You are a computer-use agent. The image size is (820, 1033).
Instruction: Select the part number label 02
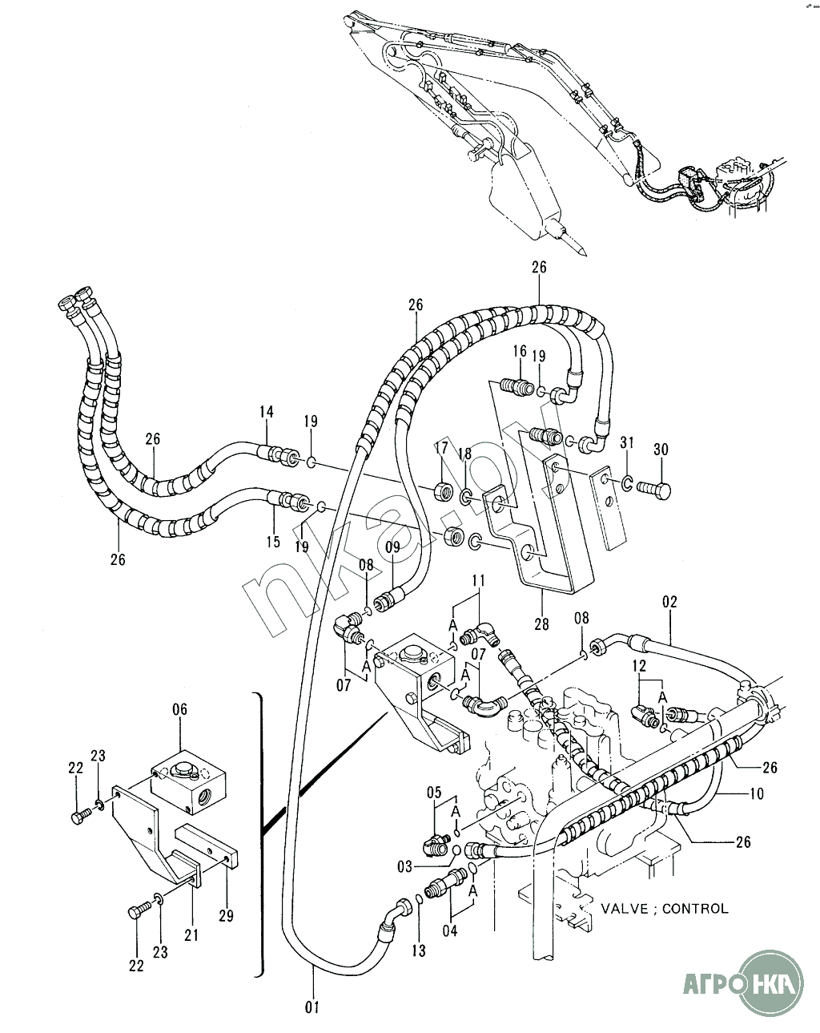coord(669,601)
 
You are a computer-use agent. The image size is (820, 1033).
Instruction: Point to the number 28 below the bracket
coord(542,624)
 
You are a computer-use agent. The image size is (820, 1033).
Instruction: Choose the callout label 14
coord(266,412)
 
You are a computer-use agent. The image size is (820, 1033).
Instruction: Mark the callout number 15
coord(274,542)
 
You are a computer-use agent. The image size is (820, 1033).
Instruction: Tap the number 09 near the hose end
coord(392,548)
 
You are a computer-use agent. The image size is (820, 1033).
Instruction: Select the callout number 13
coord(419,950)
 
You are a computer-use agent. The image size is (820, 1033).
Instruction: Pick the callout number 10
coord(757,794)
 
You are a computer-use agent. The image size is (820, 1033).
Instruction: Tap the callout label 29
coord(227,916)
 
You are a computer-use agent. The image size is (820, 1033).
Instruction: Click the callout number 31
coord(627,443)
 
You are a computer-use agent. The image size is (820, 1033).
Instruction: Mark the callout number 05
coord(434,793)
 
